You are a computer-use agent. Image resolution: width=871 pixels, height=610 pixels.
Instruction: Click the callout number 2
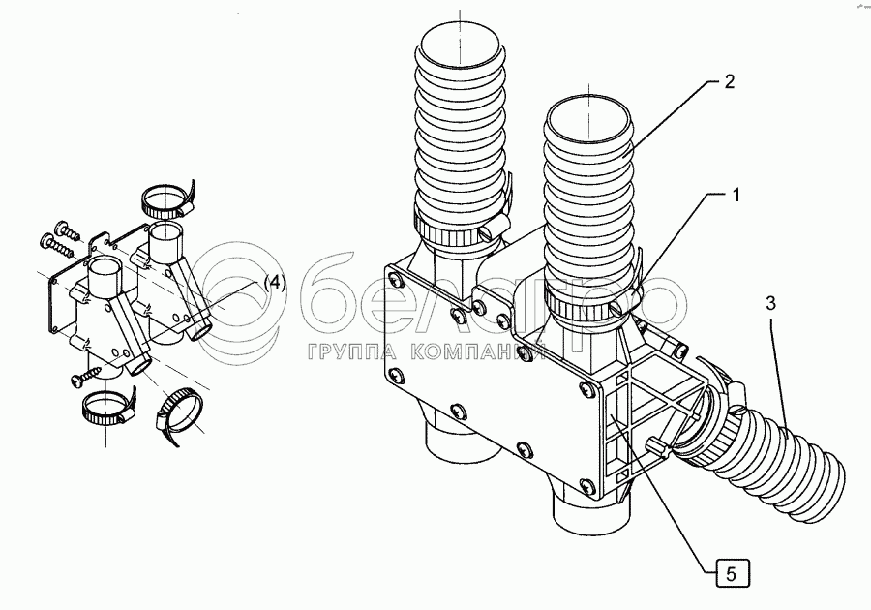click(729, 82)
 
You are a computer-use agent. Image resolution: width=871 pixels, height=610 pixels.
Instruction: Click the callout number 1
click(736, 195)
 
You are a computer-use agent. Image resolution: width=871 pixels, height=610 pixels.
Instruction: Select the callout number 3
click(771, 303)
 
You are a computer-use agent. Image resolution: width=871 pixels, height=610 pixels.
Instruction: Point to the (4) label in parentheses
click(276, 283)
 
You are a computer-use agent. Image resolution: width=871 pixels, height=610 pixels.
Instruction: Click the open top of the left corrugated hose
click(459, 43)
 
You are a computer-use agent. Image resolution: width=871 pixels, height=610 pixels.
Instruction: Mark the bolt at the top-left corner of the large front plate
click(394, 282)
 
